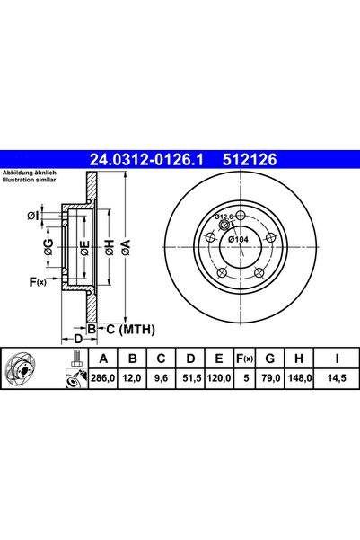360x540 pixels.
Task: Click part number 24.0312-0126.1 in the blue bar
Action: (x=147, y=159)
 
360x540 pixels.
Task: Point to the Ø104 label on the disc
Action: (x=240, y=239)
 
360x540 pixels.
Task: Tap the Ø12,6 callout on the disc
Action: (x=224, y=217)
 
